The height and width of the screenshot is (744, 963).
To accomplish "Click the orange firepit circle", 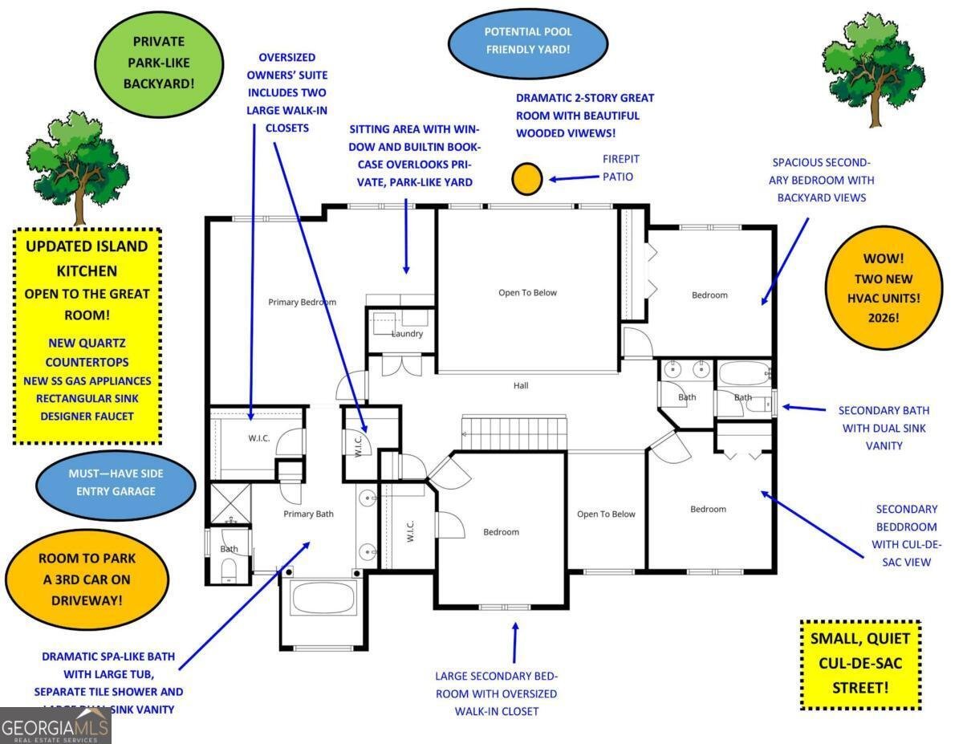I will point(527,179).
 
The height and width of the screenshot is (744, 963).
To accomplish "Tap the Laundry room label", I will point(407,334).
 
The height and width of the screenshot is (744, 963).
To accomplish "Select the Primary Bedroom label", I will point(302,302).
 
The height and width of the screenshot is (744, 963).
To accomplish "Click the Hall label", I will point(521,385).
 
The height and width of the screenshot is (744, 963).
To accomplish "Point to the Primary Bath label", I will point(308,514).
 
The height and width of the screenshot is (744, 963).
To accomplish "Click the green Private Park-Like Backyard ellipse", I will point(159,62).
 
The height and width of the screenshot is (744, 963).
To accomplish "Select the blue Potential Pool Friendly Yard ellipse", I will point(527,41).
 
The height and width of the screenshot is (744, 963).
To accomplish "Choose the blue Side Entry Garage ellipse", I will point(116,484).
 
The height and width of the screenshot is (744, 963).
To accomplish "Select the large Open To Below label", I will point(527,292).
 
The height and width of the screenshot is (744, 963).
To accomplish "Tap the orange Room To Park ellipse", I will point(87,578).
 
